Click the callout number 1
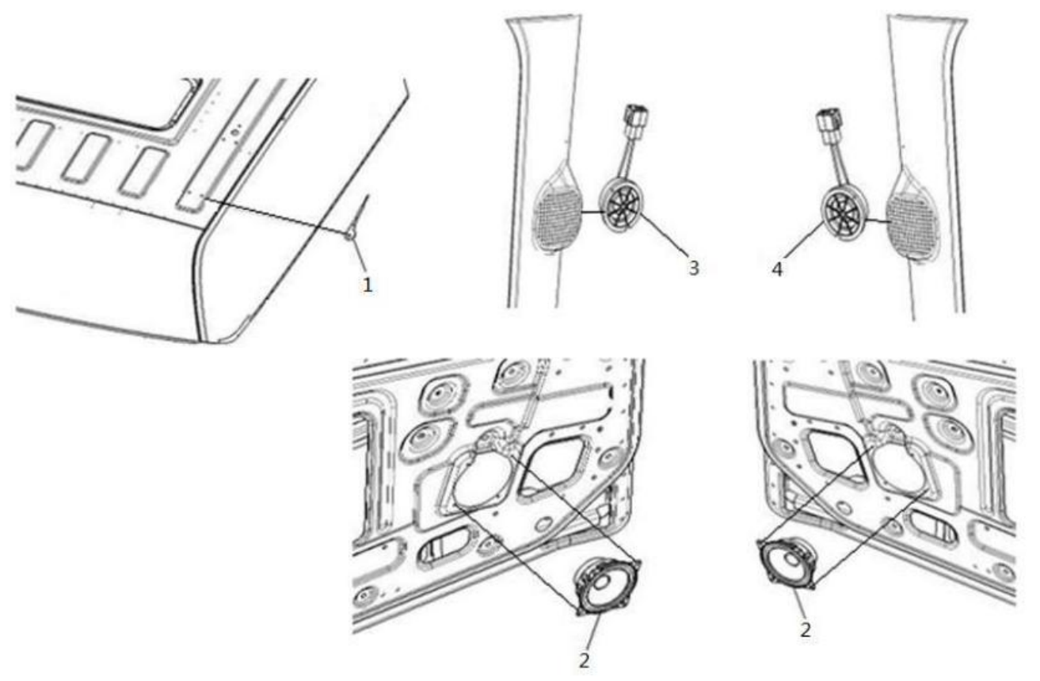(x=368, y=285)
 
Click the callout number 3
(x=693, y=268)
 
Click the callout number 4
(x=777, y=269)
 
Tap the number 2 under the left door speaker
(x=584, y=660)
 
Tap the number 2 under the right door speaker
(x=806, y=629)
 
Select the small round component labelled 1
(x=349, y=235)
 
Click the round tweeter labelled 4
(x=843, y=212)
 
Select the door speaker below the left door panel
(x=608, y=587)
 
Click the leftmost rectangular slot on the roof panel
(x=32, y=144)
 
